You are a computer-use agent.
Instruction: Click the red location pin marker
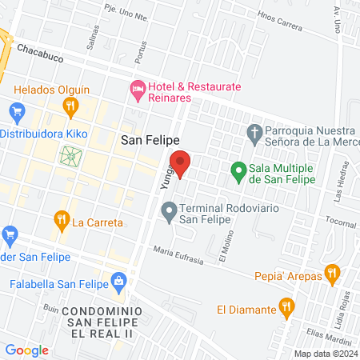tap(181, 163)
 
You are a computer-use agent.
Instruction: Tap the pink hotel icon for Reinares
tap(137, 91)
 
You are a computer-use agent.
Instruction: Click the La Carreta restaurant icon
tap(61, 218)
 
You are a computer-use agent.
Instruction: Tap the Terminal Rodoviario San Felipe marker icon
tap(168, 212)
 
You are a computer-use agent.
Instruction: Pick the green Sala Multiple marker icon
tap(238, 170)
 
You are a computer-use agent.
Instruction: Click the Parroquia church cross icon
tap(254, 133)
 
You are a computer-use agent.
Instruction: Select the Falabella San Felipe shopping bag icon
tap(119, 281)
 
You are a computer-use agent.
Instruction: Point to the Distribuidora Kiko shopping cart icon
tap(14, 110)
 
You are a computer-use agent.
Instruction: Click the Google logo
tap(26, 350)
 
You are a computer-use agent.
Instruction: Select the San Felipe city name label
tap(147, 141)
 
